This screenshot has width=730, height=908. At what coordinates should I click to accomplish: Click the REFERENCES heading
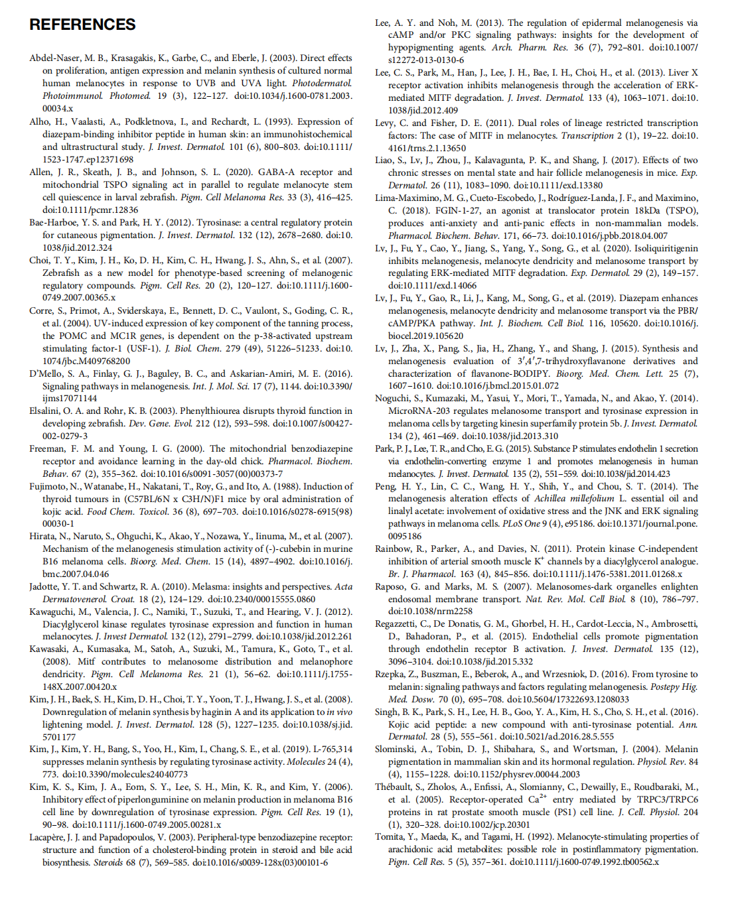coord(82,25)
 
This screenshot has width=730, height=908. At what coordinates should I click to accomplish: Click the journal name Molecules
coord(311,762)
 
